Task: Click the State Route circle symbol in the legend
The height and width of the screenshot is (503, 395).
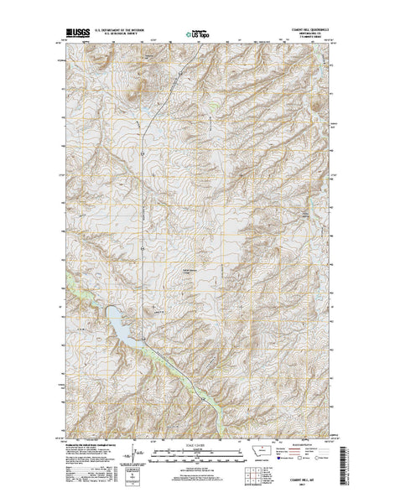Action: [x=335, y=460]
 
